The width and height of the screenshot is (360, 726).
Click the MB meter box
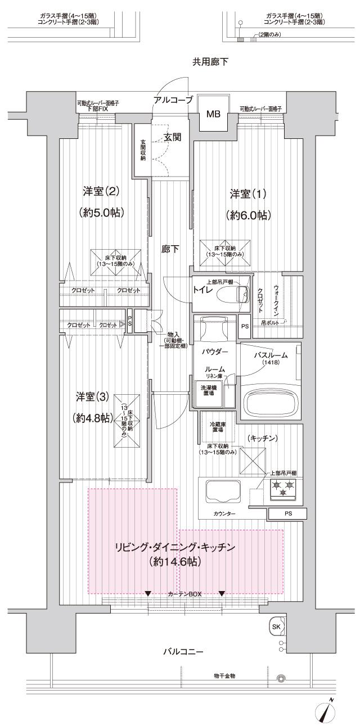point(213,115)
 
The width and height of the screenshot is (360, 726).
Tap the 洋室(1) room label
point(248,194)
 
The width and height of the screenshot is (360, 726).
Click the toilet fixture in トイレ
point(237,293)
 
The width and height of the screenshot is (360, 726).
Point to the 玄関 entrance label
point(172,137)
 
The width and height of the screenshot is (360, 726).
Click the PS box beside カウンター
point(287,513)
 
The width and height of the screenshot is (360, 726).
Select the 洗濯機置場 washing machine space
point(208,390)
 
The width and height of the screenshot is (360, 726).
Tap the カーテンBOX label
point(184,594)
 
